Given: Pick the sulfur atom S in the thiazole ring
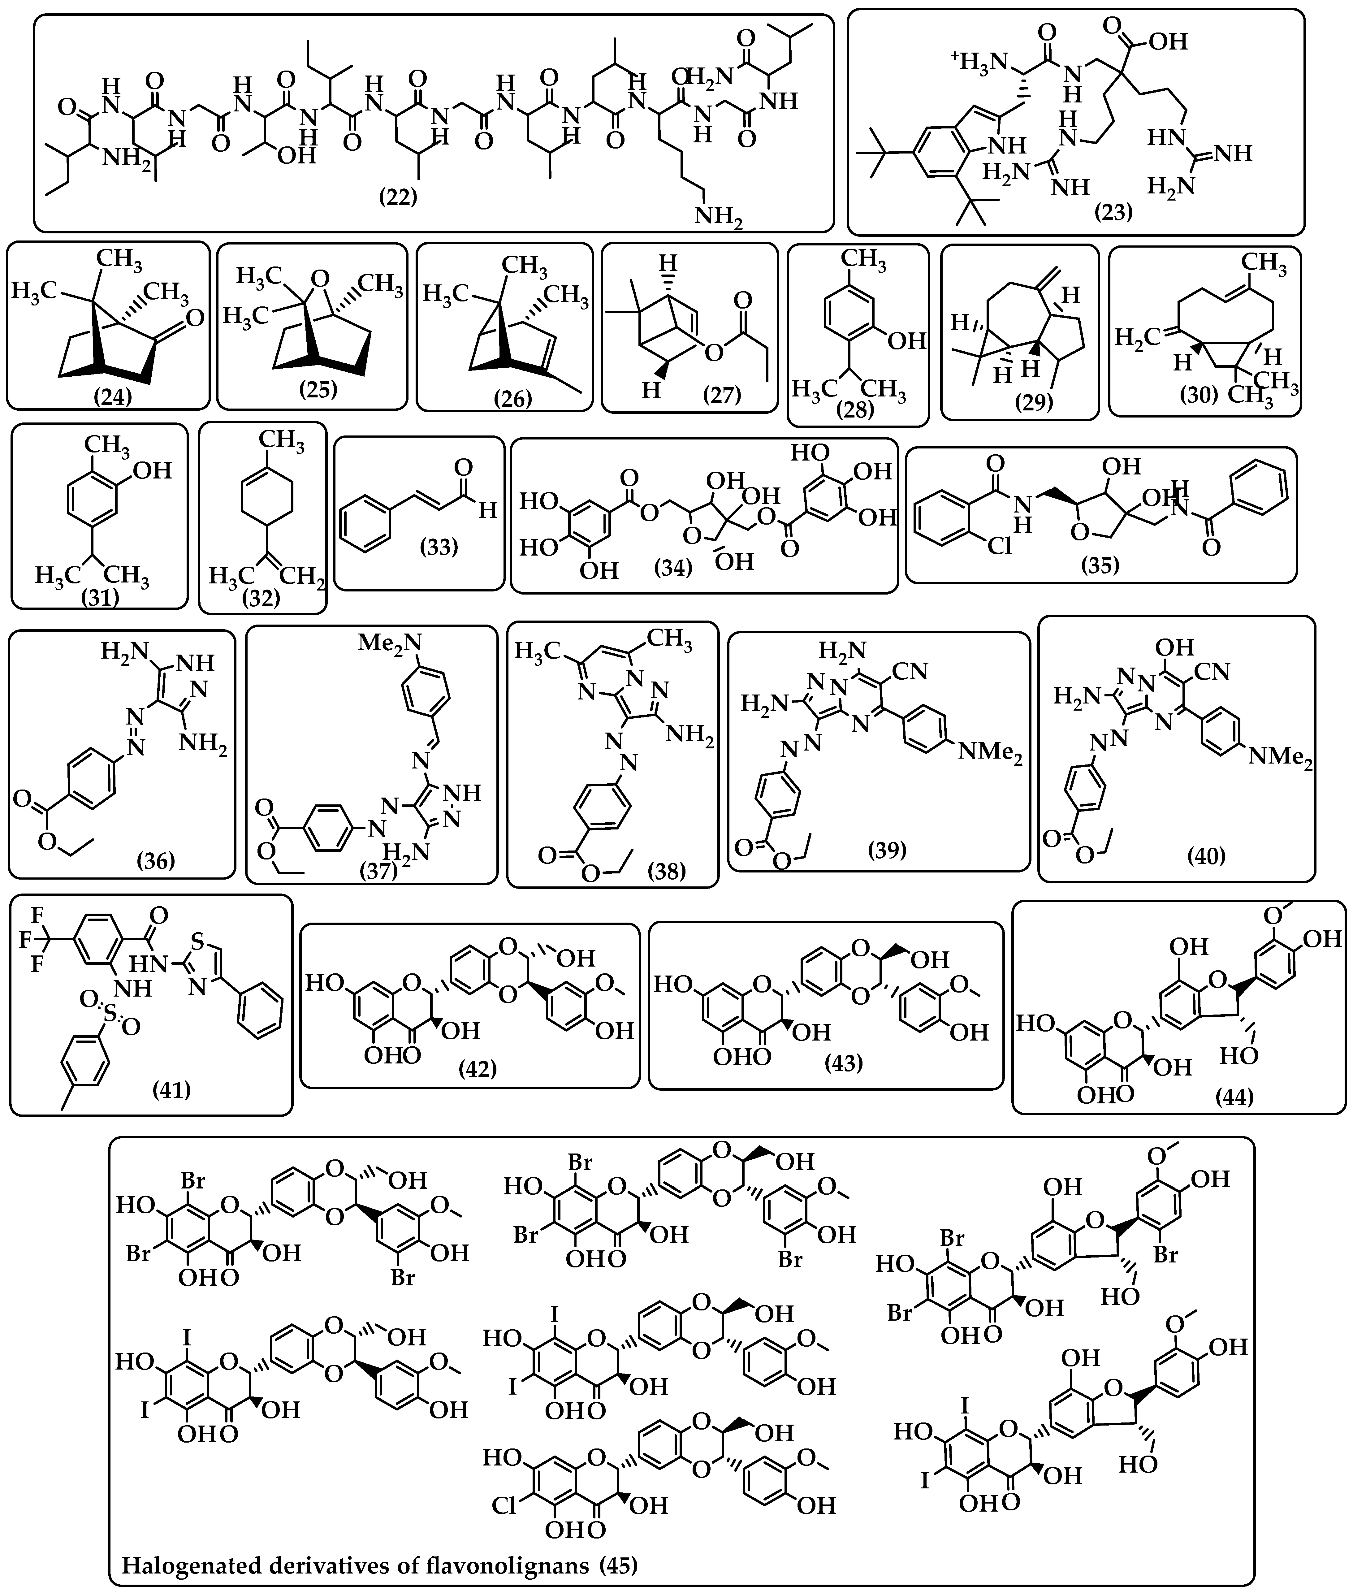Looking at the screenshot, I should pyautogui.click(x=199, y=941).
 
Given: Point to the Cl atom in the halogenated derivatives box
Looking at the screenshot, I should pyautogui.click(x=504, y=1505).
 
